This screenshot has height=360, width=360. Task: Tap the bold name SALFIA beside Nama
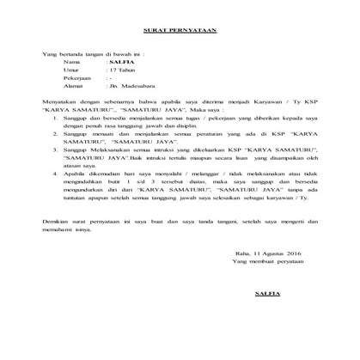[x=115, y=63]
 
